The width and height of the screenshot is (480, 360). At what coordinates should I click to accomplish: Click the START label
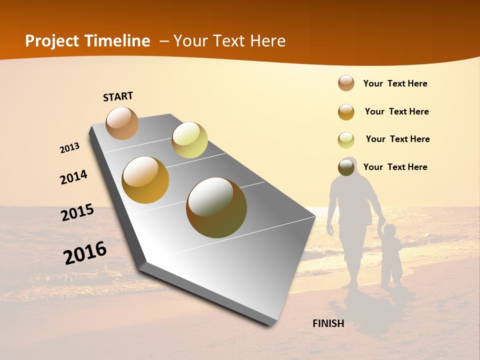pyautogui.click(x=118, y=96)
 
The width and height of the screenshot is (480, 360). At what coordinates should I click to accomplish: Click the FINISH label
pyautogui.click(x=328, y=323)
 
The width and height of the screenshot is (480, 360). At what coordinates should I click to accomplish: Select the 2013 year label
pyautogui.click(x=69, y=148)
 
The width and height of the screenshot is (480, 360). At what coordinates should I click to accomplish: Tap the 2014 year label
pyautogui.click(x=73, y=177)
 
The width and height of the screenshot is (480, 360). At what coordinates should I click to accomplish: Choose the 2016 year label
pyautogui.click(x=85, y=253)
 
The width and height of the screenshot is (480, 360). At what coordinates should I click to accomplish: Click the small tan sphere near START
pyautogui.click(x=122, y=123)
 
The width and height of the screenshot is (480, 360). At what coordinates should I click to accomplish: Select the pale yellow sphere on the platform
pyautogui.click(x=189, y=140)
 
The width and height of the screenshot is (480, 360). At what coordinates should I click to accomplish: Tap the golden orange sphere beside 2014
pyautogui.click(x=145, y=180)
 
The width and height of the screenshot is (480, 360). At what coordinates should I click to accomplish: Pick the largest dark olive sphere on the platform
pyautogui.click(x=216, y=207)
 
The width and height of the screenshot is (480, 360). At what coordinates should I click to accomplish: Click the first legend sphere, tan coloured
pyautogui.click(x=346, y=83)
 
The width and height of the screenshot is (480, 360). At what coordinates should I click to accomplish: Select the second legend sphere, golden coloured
pyautogui.click(x=346, y=112)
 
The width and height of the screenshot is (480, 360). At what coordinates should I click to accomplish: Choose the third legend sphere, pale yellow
pyautogui.click(x=346, y=140)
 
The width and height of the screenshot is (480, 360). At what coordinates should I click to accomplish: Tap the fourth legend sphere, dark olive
pyautogui.click(x=346, y=167)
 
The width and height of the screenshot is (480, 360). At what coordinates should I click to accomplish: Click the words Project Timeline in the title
pyautogui.click(x=87, y=41)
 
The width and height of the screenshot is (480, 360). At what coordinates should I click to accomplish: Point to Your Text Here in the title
pyautogui.click(x=229, y=41)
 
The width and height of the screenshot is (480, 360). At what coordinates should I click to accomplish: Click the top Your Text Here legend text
pyautogui.click(x=395, y=83)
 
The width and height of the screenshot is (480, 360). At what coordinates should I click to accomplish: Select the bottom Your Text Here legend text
pyautogui.click(x=395, y=167)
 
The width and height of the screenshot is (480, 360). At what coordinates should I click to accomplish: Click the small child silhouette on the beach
pyautogui.click(x=390, y=255)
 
